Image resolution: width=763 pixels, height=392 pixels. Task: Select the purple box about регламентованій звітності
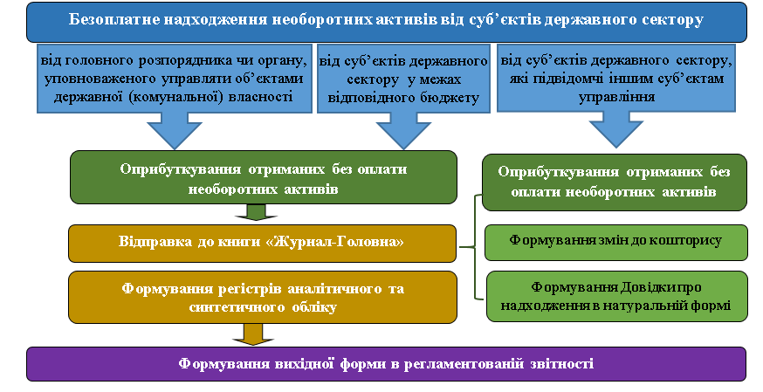point(386,364)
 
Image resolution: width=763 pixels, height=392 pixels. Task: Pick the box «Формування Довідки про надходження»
point(617,297)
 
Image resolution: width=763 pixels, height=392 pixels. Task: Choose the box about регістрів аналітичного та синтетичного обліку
point(263,297)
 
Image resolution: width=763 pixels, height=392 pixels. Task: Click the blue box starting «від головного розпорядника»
point(175,79)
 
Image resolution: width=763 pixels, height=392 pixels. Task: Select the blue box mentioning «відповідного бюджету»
point(403,79)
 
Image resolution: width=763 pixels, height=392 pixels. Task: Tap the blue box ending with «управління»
point(616,78)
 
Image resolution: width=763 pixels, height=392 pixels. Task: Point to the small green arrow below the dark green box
point(256,212)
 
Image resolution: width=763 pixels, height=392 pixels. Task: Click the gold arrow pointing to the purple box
point(253,334)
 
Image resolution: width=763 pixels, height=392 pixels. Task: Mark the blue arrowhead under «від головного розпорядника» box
point(175,131)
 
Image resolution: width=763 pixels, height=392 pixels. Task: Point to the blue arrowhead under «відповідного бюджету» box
point(403,131)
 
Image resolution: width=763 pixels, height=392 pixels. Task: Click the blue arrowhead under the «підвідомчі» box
point(616,130)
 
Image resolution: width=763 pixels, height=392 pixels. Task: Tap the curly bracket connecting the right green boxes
point(475,247)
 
